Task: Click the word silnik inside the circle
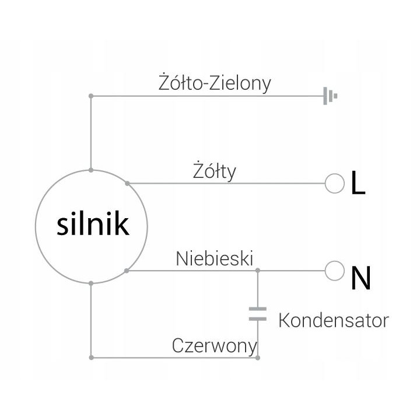(93, 223)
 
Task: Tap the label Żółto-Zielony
(215, 83)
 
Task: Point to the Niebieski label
(214, 259)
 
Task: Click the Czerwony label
(214, 346)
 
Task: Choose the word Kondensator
(334, 320)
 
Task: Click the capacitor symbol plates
(258, 314)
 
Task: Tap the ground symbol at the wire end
(330, 96)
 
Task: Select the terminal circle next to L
(335, 184)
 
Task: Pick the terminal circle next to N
(335, 271)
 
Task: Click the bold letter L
(358, 183)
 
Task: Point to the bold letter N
(361, 278)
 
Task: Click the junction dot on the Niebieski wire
(258, 271)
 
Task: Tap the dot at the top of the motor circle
(91, 170)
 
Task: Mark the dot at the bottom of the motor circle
(91, 283)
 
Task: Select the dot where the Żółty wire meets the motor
(128, 184)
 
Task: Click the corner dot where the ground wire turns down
(91, 96)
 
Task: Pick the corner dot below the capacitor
(258, 358)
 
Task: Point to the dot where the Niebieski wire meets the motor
(127, 271)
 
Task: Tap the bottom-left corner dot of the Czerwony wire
(92, 358)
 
